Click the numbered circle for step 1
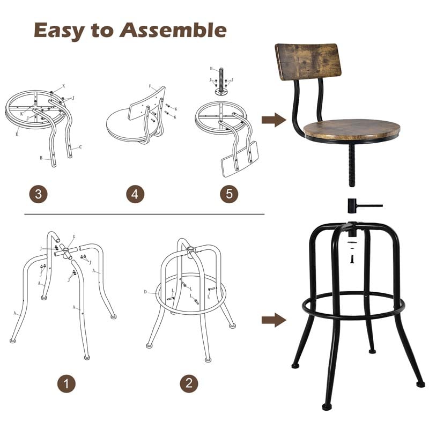pyautogui.click(x=66, y=383)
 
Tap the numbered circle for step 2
pyautogui.click(x=189, y=383)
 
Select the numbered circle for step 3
pyautogui.click(x=38, y=194)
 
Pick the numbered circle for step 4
pyautogui.click(x=135, y=194)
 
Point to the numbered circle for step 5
pyautogui.click(x=229, y=194)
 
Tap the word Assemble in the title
pyautogui.click(x=173, y=31)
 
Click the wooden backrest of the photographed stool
pyautogui.click(x=308, y=61)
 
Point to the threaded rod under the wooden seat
pyautogui.click(x=352, y=164)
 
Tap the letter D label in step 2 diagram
pyautogui.click(x=145, y=292)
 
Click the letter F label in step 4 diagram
pyautogui.click(x=150, y=86)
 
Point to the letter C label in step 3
pyautogui.click(x=80, y=146)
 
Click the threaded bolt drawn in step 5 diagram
pyautogui.click(x=220, y=80)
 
